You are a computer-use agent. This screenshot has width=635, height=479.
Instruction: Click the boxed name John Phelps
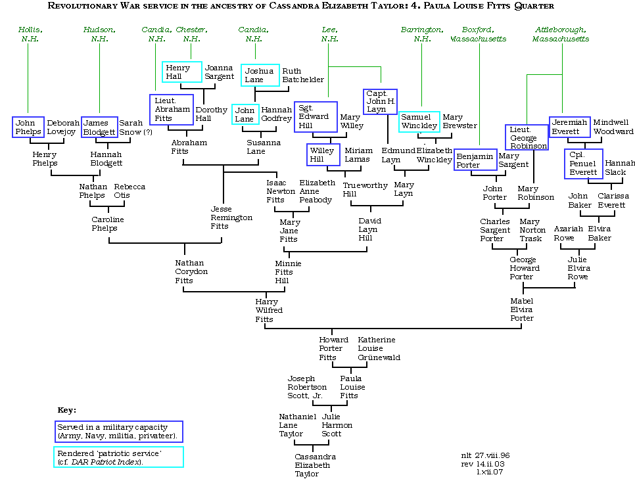pos(28,127)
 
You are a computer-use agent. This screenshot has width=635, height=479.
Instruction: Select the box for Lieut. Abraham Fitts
pos(172,109)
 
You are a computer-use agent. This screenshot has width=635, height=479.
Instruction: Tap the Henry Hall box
pos(182,72)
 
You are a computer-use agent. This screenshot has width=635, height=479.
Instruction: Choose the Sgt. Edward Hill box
pos(316,117)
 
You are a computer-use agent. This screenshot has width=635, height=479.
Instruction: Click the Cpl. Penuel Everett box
pos(583,164)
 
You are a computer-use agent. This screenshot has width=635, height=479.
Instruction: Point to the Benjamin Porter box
pos(475,161)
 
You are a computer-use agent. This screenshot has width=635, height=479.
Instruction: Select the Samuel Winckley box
pos(419,122)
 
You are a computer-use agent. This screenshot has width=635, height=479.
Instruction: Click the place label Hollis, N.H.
pos(29,34)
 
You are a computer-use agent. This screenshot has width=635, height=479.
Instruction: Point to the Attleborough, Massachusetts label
pos(561,34)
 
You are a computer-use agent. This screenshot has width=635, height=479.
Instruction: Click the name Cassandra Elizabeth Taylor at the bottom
pos(316,465)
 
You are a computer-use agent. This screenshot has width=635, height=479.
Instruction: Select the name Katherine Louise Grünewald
pos(379,348)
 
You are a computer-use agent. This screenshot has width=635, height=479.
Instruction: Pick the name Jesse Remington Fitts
pos(231,217)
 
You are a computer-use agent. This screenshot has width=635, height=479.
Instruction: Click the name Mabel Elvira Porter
pos(522,309)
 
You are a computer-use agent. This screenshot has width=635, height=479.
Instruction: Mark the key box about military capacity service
pos(120,432)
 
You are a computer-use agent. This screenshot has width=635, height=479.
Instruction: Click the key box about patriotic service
pos(118,457)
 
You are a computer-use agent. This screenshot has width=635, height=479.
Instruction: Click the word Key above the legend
pos(66,410)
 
